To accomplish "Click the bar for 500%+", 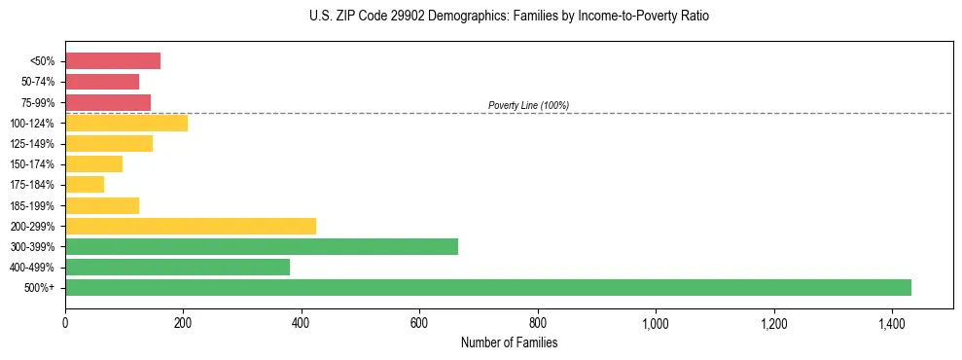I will click(487, 287).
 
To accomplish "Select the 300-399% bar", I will click(261, 246).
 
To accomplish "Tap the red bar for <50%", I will click(113, 61).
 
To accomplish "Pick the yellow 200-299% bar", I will click(191, 226).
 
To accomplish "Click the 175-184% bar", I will click(85, 185).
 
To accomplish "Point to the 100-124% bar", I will click(126, 123).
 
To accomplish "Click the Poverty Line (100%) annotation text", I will click(528, 105).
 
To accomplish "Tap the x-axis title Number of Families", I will click(509, 342).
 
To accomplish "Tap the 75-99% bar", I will click(108, 102).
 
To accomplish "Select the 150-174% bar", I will click(93, 163).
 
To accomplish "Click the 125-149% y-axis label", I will click(34, 144).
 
